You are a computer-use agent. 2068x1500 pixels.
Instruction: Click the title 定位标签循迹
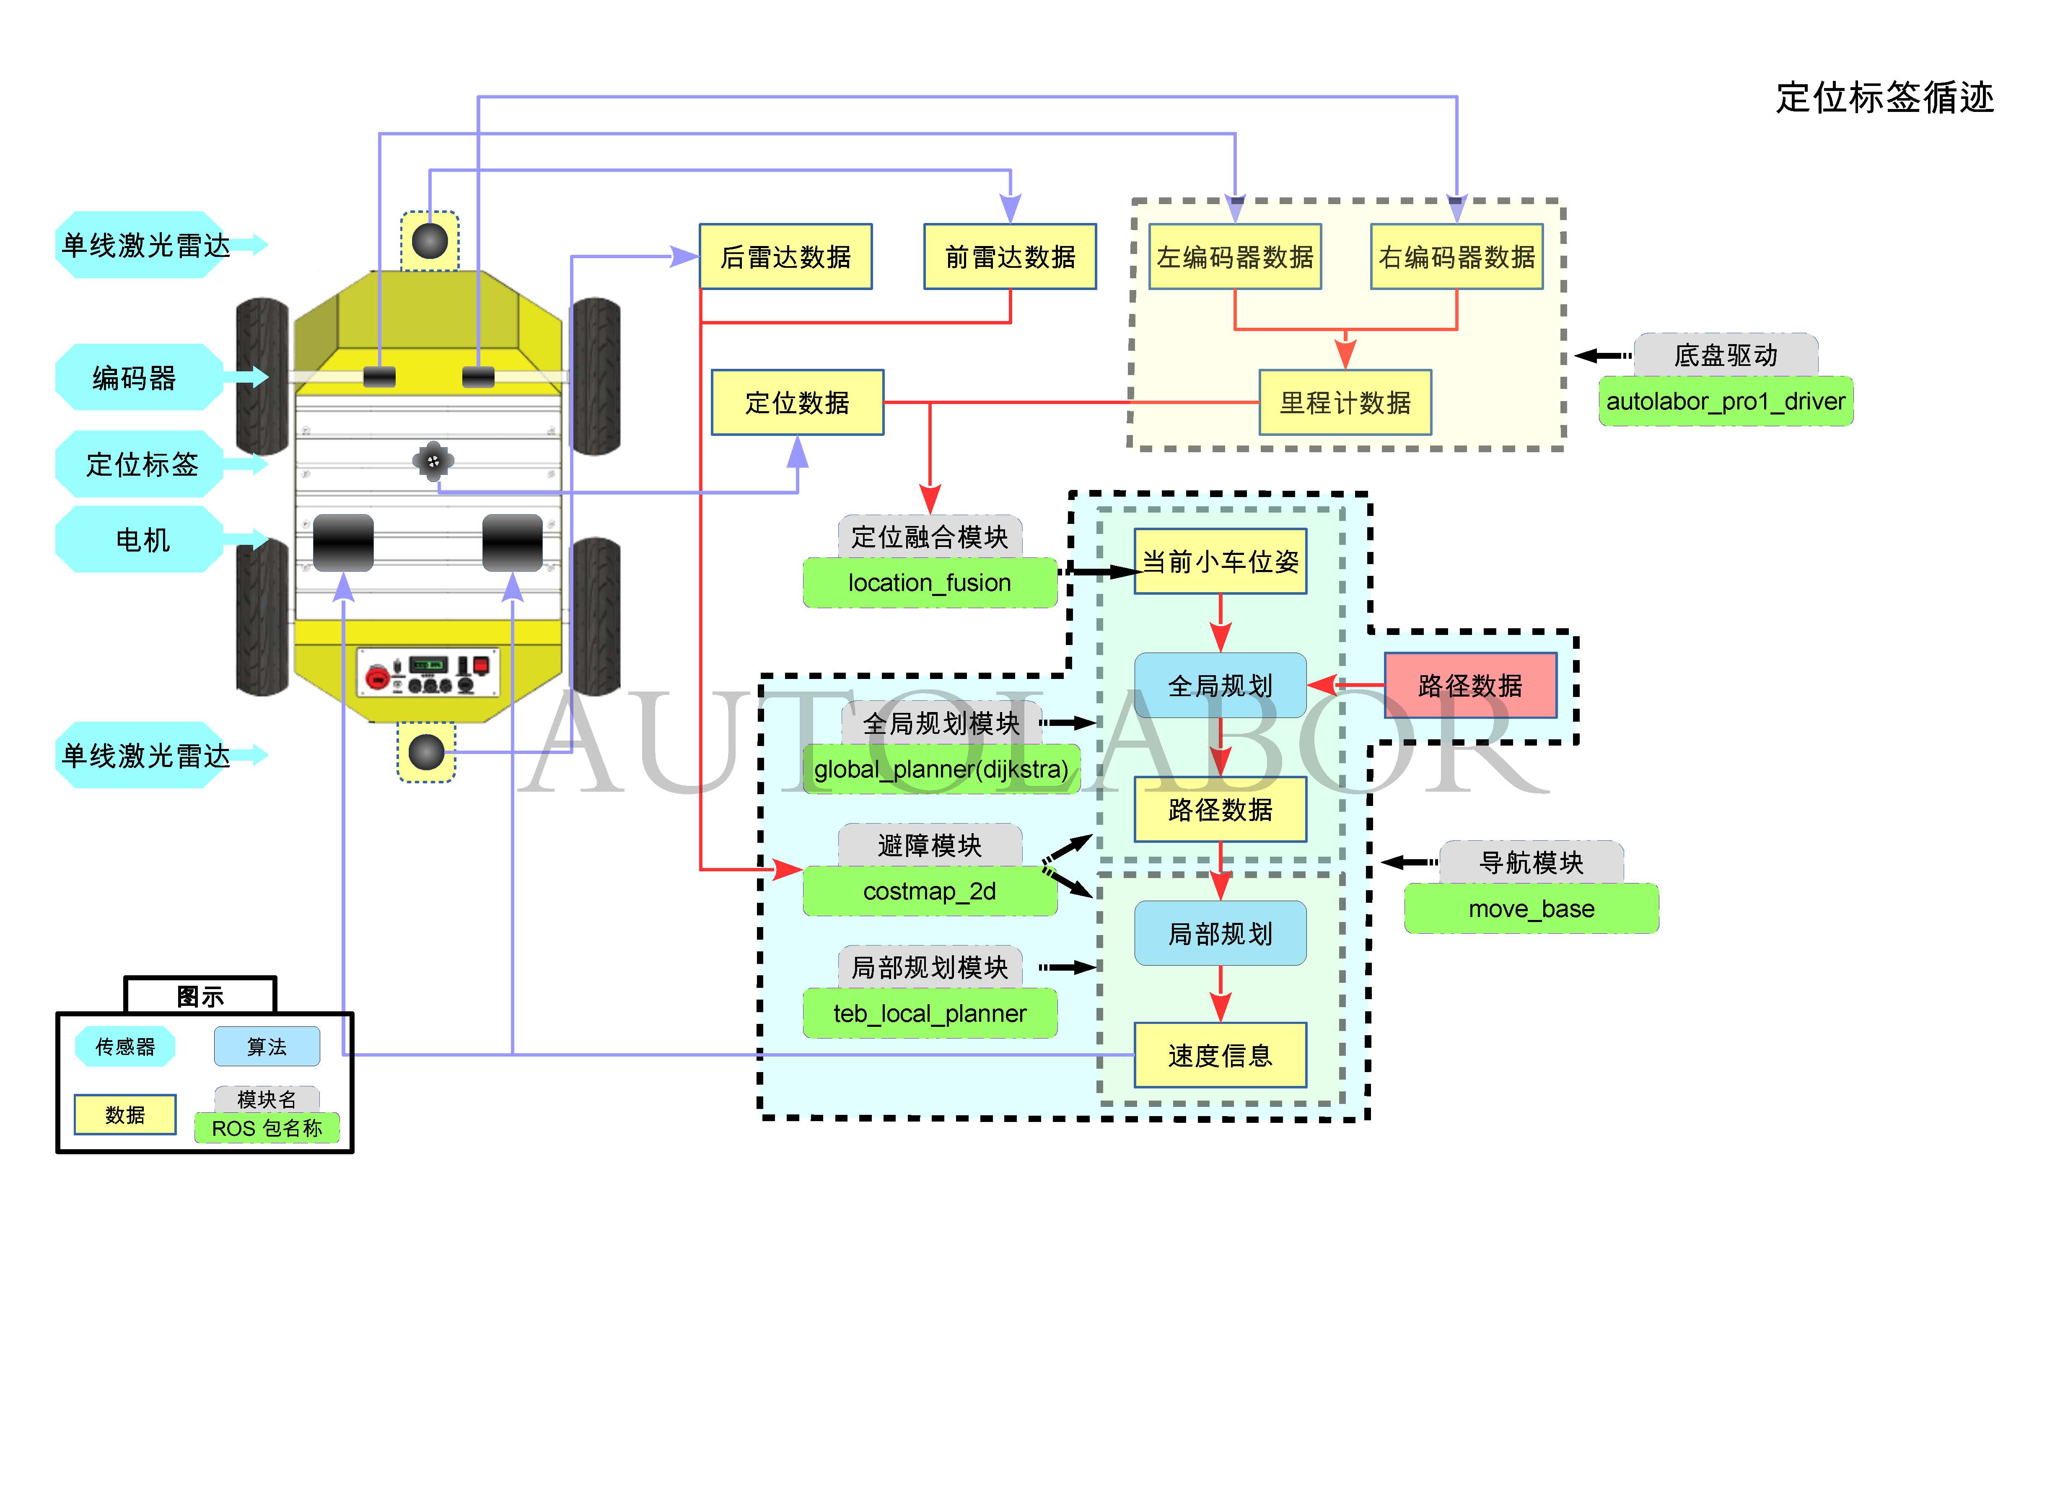1884,97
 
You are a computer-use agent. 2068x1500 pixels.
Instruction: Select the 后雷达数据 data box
785,257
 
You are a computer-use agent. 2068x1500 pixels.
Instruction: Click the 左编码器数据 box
1235,257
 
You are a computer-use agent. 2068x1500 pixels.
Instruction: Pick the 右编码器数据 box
1456,257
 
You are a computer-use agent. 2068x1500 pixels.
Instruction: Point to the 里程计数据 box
1345,402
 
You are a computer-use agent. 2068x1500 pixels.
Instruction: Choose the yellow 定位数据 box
797,402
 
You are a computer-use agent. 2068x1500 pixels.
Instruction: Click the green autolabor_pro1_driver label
1725,401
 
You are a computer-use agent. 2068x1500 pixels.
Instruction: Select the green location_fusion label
929,583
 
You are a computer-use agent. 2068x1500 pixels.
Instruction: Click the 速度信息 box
1220,1055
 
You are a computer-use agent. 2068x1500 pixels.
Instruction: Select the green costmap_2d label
929,891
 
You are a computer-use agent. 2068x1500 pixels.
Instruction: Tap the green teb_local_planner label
929,1013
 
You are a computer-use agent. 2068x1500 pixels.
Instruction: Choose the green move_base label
1531,908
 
